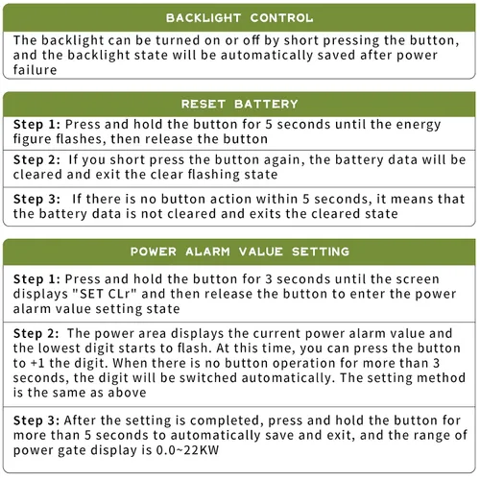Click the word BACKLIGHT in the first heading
coord(204,18)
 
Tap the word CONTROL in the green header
coord(281,18)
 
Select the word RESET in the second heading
coord(204,104)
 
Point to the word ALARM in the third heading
coord(207,252)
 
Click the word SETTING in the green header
coord(321,252)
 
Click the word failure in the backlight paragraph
coord(35,70)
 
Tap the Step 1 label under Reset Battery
coord(36,125)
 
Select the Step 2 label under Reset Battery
coord(36,160)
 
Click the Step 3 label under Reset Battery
coord(36,200)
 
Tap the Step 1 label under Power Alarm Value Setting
coord(36,279)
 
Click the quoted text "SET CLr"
coord(105,294)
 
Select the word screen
coord(418,279)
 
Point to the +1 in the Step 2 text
coord(36,363)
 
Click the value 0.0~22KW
coord(187,450)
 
